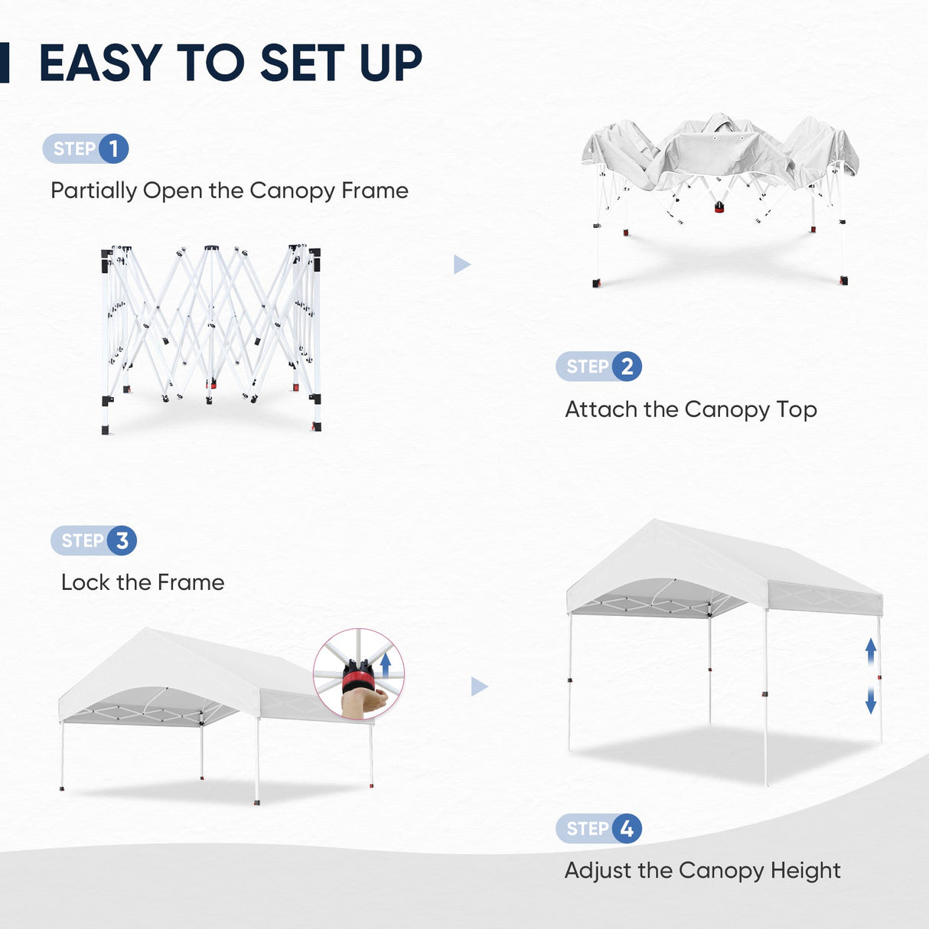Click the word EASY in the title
pos(100,63)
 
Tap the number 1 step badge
pos(114,148)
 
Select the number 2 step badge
pos(627,367)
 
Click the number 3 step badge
pos(122,540)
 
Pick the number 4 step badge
pos(627,828)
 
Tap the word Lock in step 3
pos(85,582)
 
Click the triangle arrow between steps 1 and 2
pos(461,265)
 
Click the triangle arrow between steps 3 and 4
pos(478,686)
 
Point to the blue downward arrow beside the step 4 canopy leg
pos(871,700)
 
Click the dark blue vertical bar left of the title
pos(4,63)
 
